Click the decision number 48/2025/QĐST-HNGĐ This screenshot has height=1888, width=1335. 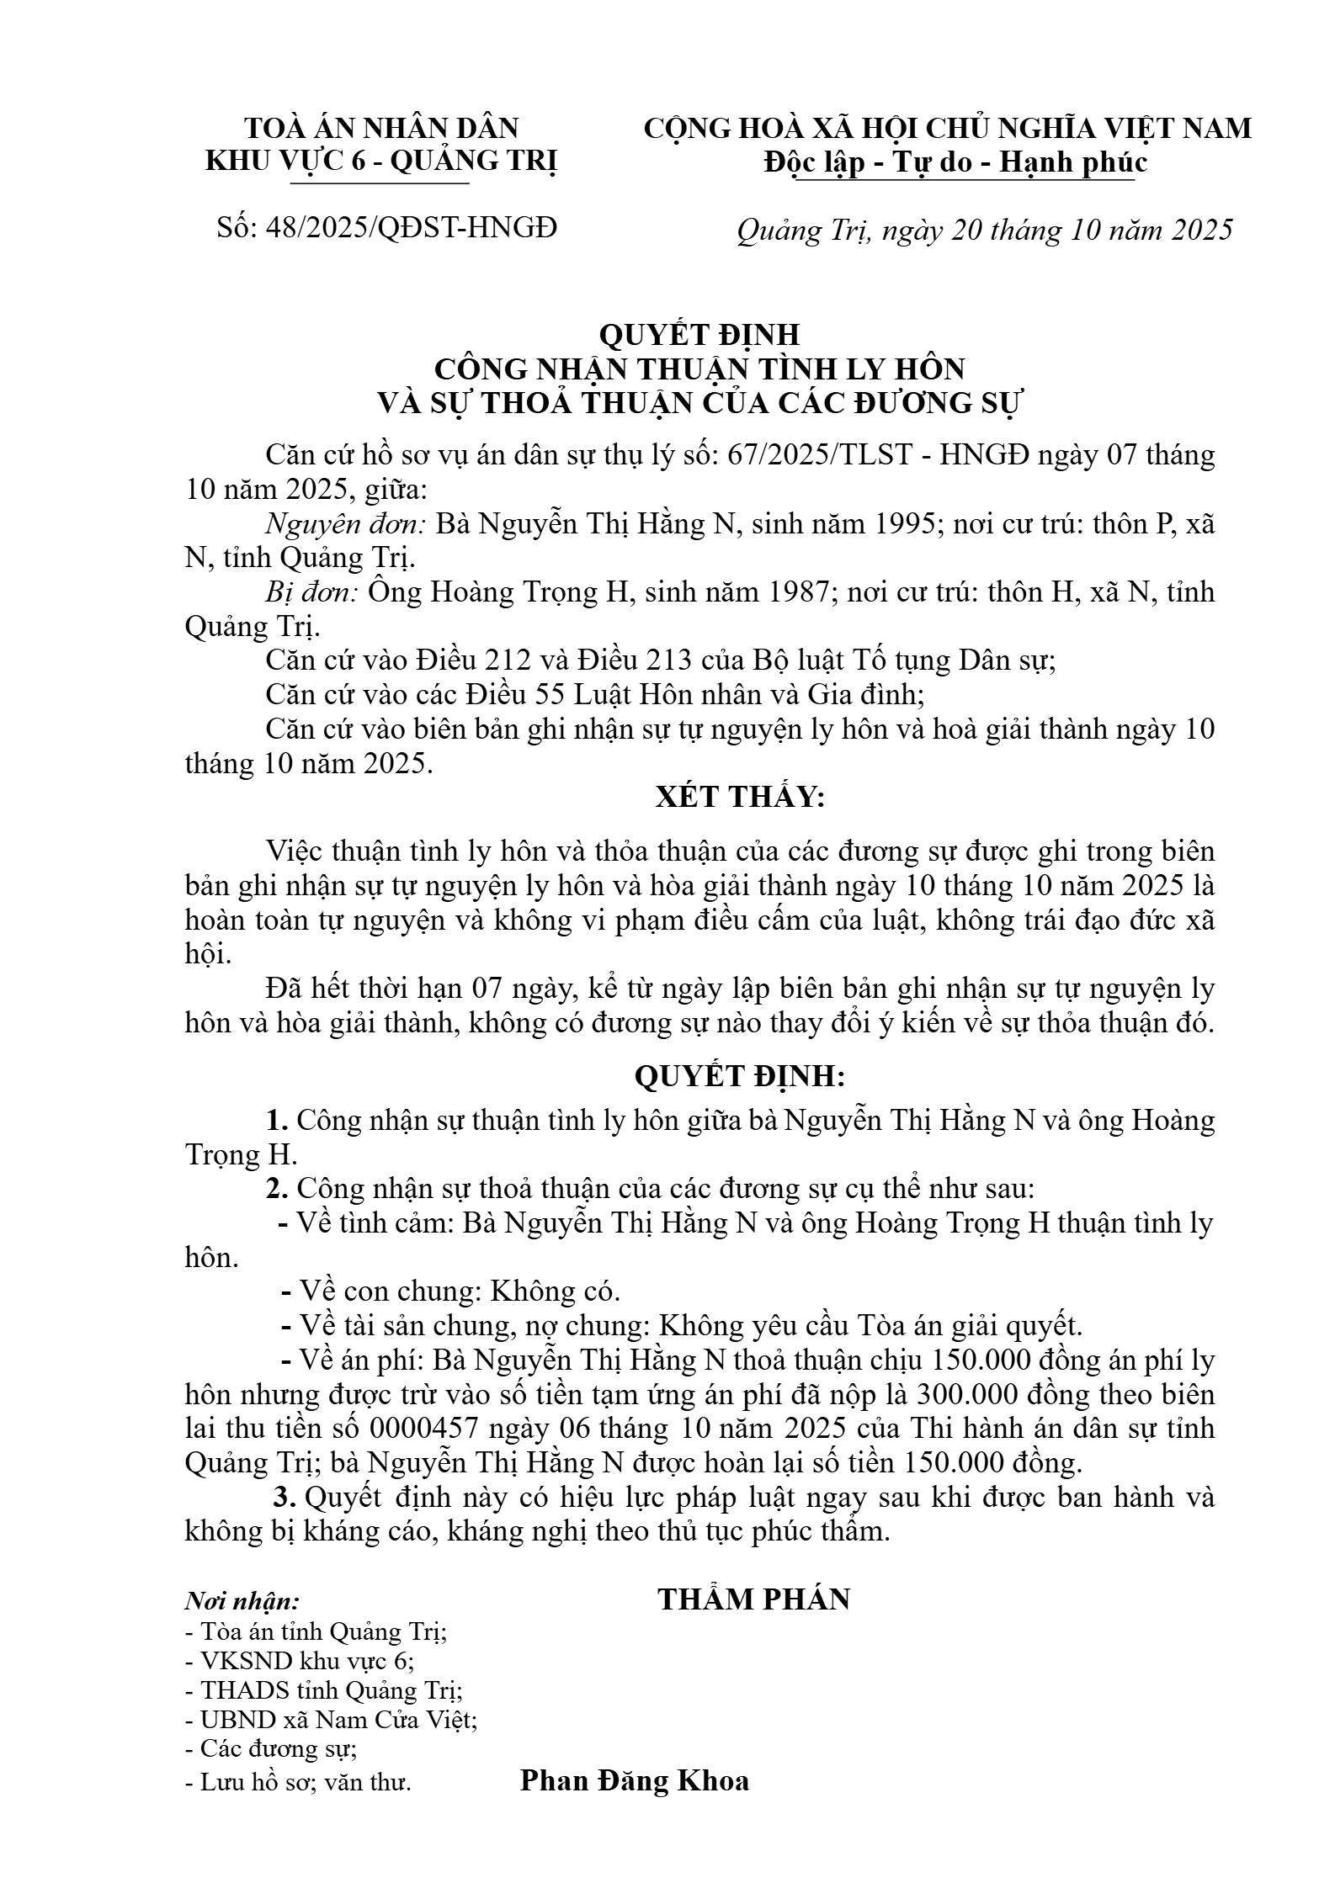412,227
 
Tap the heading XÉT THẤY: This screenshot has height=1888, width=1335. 740,797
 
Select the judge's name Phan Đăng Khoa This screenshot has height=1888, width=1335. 634,1780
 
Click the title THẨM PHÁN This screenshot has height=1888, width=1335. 753,1599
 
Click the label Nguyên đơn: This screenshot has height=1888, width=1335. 345,524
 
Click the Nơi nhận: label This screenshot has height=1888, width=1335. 242,1600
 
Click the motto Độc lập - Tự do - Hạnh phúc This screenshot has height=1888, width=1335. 955,162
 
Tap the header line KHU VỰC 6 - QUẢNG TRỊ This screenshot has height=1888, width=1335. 381,162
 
